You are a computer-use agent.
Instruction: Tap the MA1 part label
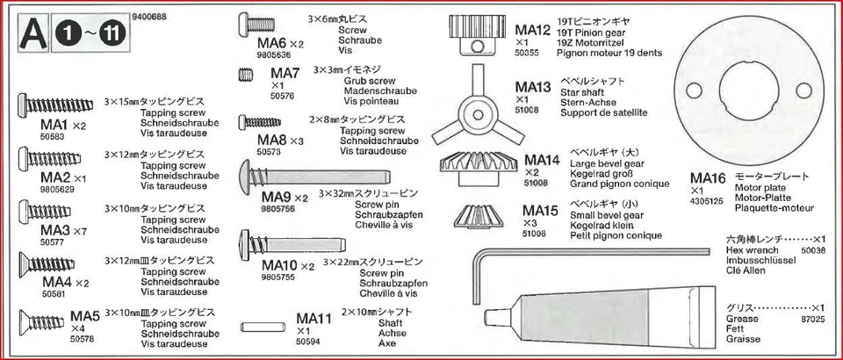(54, 125)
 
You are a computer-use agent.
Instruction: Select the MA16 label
(708, 179)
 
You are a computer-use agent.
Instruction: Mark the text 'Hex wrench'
(746, 250)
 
